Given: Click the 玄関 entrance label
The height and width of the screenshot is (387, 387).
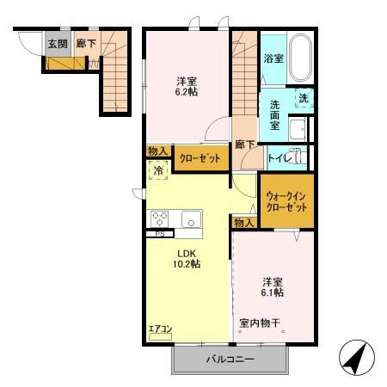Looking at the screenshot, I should (56, 43).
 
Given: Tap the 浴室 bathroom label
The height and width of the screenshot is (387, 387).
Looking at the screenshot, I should (273, 58).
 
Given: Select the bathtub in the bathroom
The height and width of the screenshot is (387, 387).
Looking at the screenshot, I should (300, 58).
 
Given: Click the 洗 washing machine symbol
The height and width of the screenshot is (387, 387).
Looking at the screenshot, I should (304, 99).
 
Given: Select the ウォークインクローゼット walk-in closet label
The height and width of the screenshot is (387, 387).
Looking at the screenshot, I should (286, 201).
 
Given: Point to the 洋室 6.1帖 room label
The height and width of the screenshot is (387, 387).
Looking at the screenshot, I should (273, 286).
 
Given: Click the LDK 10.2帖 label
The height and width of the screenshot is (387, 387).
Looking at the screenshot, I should (188, 258).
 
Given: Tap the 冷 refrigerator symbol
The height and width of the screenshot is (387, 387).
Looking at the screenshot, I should (158, 171).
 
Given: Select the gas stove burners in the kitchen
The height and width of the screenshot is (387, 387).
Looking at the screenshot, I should (161, 218).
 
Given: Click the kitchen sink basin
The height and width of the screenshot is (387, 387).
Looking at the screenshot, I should (188, 218).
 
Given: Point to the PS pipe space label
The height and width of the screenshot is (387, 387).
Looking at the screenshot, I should (158, 234).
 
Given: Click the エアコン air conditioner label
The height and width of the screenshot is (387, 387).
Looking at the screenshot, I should (160, 328).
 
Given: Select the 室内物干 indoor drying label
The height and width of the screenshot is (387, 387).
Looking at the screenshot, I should (260, 323).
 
